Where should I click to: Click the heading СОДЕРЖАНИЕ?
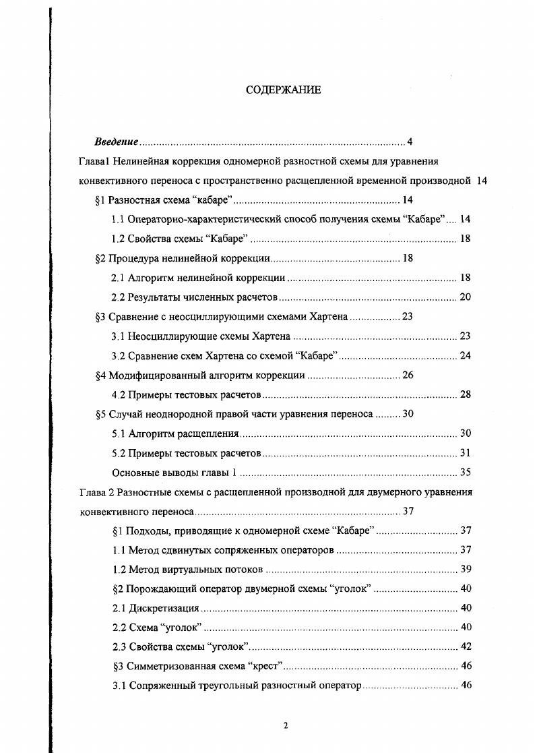[x=283, y=91]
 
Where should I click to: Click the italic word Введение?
[x=117, y=142]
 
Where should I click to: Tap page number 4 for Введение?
[x=410, y=142]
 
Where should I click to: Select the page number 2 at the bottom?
[x=286, y=725]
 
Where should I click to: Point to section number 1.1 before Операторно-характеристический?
[x=118, y=220]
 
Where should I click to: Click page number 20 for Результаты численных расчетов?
[x=465, y=297]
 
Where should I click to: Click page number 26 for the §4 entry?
[x=408, y=375]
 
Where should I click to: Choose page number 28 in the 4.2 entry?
[x=465, y=394]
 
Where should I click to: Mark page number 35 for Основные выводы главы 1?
[x=465, y=473]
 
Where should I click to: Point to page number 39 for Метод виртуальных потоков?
[x=465, y=570]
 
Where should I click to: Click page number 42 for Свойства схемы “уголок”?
[x=465, y=647]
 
